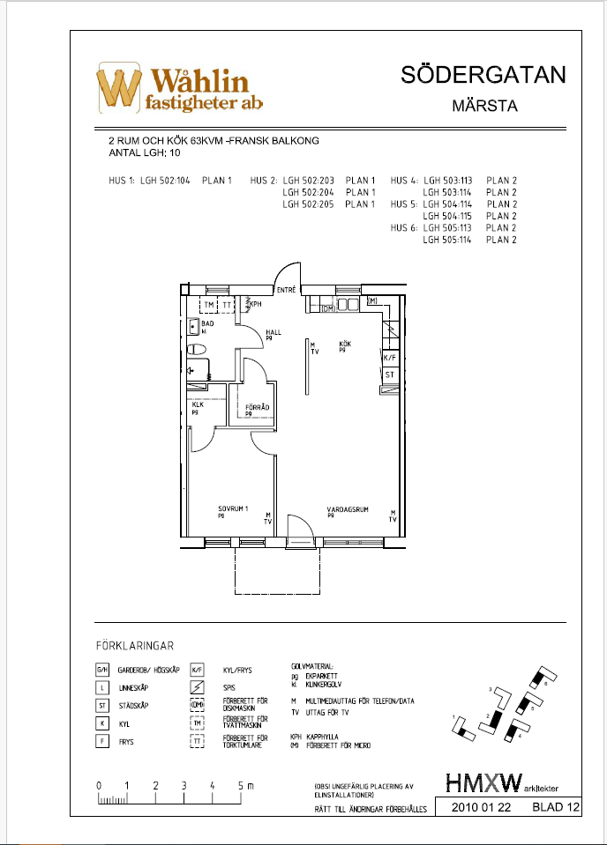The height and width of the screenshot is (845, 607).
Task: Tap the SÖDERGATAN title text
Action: (482, 75)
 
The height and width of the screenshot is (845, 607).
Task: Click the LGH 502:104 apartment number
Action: (166, 181)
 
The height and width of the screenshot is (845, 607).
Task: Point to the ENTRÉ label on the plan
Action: (286, 290)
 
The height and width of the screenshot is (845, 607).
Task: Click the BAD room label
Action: (207, 324)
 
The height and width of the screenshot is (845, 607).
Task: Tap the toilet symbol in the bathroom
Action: (198, 350)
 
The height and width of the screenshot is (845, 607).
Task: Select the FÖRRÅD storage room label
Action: (257, 406)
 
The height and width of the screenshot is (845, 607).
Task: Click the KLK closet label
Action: (198, 405)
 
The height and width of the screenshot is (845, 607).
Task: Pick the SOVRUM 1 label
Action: (233, 509)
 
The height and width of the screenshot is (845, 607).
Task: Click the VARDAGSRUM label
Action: (345, 509)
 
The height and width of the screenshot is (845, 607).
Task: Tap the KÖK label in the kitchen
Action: (344, 344)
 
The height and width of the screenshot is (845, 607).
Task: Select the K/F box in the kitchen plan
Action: (389, 359)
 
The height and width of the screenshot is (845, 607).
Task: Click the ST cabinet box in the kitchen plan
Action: (389, 374)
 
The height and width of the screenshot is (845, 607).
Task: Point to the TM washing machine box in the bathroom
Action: (209, 305)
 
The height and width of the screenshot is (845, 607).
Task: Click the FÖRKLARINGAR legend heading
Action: (140, 645)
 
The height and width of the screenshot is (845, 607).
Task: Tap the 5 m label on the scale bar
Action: (244, 784)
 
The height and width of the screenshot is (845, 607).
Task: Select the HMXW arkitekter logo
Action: (502, 782)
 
